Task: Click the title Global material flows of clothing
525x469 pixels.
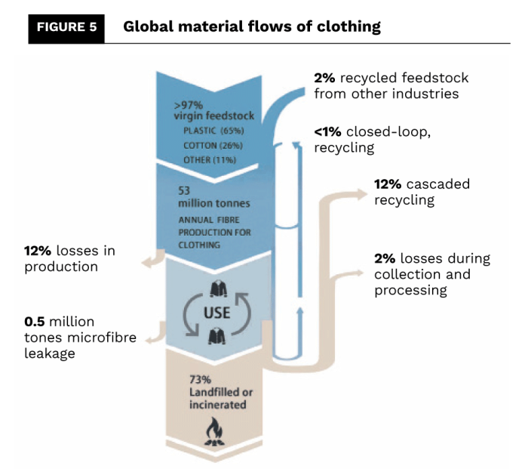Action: tap(252, 27)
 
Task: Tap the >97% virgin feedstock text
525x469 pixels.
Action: tap(213, 111)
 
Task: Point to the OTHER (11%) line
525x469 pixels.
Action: tap(210, 160)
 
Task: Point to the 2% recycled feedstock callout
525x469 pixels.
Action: tap(391, 85)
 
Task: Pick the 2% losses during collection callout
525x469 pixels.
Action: tap(431, 273)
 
